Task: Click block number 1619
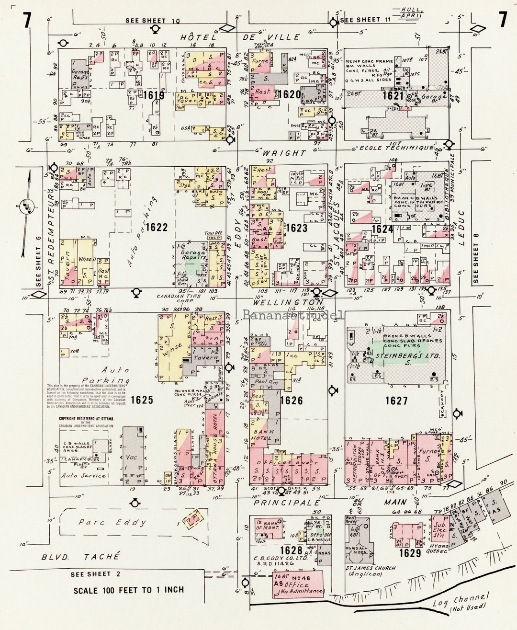[154, 95]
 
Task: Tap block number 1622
[157, 227]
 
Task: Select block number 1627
[396, 401]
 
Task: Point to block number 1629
[410, 553]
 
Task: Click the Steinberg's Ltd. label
[401, 356]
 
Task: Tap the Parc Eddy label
[112, 522]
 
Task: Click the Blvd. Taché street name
[80, 557]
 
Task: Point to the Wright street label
[283, 153]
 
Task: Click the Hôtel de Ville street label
[240, 37]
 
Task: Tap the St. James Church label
[371, 571]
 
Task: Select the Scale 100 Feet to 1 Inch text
[128, 590]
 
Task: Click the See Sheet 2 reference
[90, 574]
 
